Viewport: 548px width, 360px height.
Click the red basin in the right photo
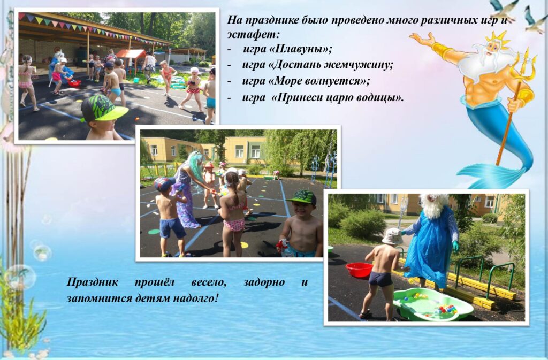(359, 270)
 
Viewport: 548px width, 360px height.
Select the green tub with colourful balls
(432, 304)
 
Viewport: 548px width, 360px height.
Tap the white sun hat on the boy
(392, 237)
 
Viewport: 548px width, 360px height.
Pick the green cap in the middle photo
(302, 197)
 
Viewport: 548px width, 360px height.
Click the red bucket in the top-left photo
(74, 83)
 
